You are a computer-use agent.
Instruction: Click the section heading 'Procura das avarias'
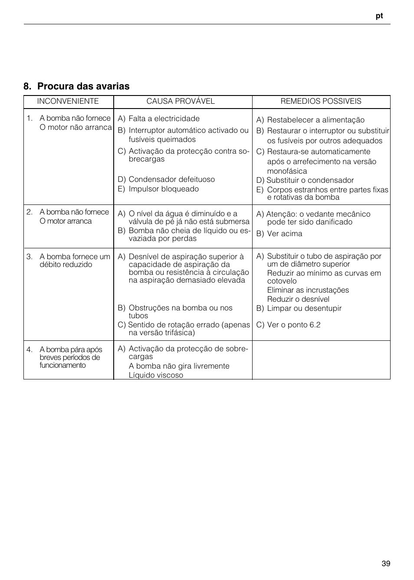[x=83, y=86]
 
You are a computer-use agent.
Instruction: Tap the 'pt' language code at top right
[x=379, y=16]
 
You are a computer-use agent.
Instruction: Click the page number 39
[x=386, y=564]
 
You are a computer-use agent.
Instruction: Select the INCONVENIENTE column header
[x=68, y=101]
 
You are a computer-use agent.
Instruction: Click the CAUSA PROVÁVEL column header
[x=181, y=101]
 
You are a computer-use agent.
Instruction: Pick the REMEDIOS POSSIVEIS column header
[x=321, y=101]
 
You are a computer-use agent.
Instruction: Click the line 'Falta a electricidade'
[x=164, y=119]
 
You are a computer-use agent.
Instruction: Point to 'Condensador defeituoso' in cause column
[x=171, y=179]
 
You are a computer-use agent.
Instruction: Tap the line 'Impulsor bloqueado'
[x=164, y=189]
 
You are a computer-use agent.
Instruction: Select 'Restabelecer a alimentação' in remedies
[x=315, y=120]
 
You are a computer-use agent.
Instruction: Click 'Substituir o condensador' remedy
[x=310, y=180]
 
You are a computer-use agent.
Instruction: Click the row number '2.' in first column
[x=30, y=212]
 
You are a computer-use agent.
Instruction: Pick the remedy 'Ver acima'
[x=285, y=234]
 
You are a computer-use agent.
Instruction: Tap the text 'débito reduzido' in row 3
[x=66, y=264]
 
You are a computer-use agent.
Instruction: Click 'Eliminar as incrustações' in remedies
[x=308, y=290]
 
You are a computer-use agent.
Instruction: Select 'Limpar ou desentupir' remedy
[x=304, y=308]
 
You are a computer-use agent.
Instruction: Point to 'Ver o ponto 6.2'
[x=293, y=325]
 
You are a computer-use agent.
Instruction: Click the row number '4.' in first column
[x=30, y=349]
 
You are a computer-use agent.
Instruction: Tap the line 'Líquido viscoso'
[x=156, y=375]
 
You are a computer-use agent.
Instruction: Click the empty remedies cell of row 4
[x=321, y=360]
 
